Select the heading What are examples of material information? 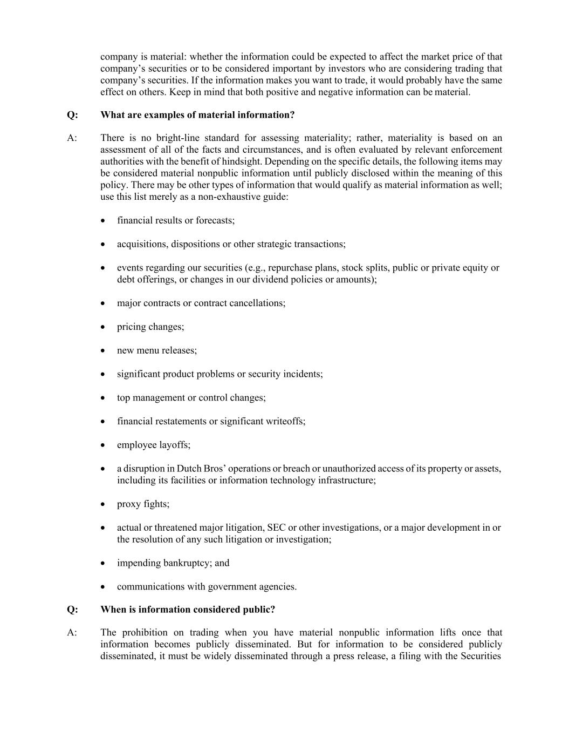click(197, 115)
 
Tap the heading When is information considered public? click(188, 610)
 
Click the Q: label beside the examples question click(72, 115)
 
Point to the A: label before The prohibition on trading click(72, 633)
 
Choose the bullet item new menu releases click(157, 350)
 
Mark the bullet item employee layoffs click(154, 445)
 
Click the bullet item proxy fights click(143, 504)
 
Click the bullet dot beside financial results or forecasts click(103, 221)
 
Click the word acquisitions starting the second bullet click(141, 244)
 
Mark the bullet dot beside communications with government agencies click(103, 587)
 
